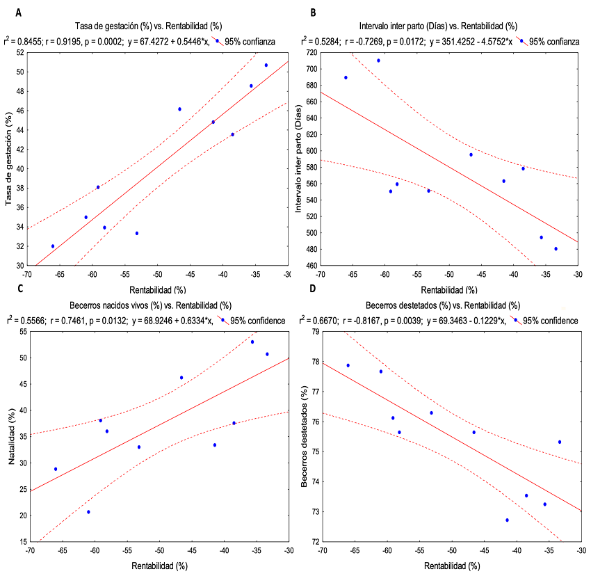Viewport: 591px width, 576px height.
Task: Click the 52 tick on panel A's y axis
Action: tap(19, 52)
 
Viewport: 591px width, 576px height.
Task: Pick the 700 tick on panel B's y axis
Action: tap(312, 69)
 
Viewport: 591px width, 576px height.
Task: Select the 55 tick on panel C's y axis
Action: tap(19, 332)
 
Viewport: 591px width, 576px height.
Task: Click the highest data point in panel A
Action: tap(266, 65)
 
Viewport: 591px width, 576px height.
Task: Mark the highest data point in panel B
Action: tap(378, 61)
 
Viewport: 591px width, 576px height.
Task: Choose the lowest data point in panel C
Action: tap(88, 512)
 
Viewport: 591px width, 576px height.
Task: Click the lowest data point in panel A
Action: tap(53, 246)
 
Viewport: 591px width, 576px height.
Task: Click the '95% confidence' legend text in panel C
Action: tap(257, 320)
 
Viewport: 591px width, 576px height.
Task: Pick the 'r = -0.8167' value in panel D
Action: tap(367, 320)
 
